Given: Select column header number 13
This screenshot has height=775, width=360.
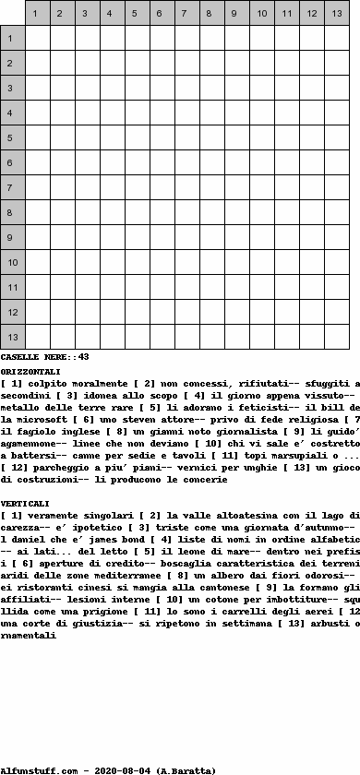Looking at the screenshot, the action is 337,14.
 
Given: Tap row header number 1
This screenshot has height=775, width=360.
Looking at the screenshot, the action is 13,38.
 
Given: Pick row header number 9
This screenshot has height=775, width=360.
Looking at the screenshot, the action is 13,237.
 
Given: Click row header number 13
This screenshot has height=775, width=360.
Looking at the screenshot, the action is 13,337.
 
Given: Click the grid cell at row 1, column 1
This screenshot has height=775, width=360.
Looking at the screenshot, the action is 38,38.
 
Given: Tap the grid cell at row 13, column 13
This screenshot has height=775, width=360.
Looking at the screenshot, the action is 337,337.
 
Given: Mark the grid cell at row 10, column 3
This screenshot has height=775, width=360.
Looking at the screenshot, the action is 88,262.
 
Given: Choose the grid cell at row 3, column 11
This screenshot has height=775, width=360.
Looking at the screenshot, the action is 287,88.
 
